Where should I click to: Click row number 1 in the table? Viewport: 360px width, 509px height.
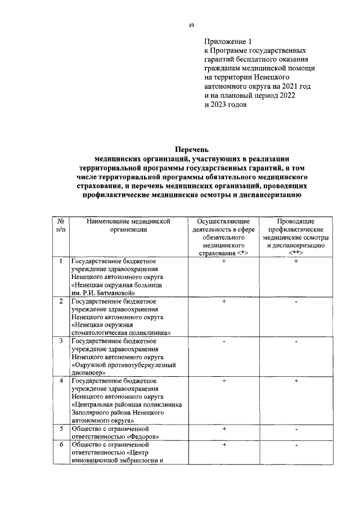pos(60,262)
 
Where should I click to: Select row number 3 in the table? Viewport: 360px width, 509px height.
pos(60,341)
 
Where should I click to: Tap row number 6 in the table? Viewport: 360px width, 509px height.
pos(60,445)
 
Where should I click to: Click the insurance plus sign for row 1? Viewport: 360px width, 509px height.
pos(224,262)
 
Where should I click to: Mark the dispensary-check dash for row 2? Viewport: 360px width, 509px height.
pos(296,302)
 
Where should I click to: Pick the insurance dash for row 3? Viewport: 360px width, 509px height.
pos(224,341)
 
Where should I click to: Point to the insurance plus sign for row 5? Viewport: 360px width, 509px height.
pos(224,429)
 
